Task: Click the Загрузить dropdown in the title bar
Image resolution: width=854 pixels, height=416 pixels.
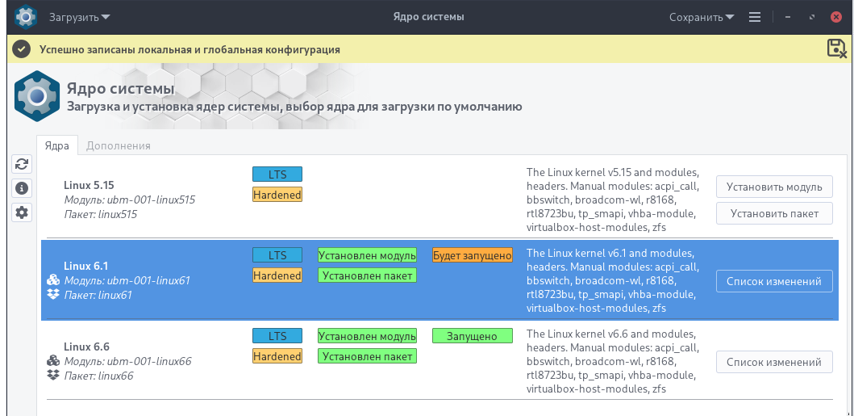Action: pyautogui.click(x=80, y=17)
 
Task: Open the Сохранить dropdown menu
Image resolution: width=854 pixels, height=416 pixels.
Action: pyautogui.click(x=702, y=17)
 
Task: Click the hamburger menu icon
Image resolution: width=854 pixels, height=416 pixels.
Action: pyautogui.click(x=754, y=17)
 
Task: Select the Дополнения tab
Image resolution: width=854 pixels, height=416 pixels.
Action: pyautogui.click(x=119, y=145)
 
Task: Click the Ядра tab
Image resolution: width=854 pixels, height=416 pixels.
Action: pyautogui.click(x=57, y=145)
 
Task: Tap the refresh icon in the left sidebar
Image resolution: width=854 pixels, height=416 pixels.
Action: pyautogui.click(x=22, y=164)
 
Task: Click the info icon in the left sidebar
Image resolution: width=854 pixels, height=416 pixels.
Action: pyautogui.click(x=22, y=188)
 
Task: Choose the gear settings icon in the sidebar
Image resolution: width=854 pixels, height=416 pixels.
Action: pyautogui.click(x=22, y=212)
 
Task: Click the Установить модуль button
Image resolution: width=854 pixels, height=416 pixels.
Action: pyautogui.click(x=774, y=187)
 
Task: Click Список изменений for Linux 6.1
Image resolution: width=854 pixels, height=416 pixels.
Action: pyautogui.click(x=774, y=281)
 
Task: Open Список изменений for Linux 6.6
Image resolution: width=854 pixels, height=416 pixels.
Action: pyautogui.click(x=774, y=362)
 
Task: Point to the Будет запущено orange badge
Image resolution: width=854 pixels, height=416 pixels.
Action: pyautogui.click(x=473, y=255)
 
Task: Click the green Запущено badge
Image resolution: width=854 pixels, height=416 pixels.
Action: pyautogui.click(x=473, y=336)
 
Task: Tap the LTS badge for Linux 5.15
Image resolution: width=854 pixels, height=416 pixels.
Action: pyautogui.click(x=277, y=174)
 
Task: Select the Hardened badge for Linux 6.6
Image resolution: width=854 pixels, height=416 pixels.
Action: pyautogui.click(x=277, y=356)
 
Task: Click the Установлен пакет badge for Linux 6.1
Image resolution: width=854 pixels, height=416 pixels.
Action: pyautogui.click(x=367, y=275)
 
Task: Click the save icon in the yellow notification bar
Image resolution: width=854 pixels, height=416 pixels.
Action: pyautogui.click(x=836, y=48)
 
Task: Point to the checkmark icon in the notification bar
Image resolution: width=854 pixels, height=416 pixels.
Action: pyautogui.click(x=21, y=49)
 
